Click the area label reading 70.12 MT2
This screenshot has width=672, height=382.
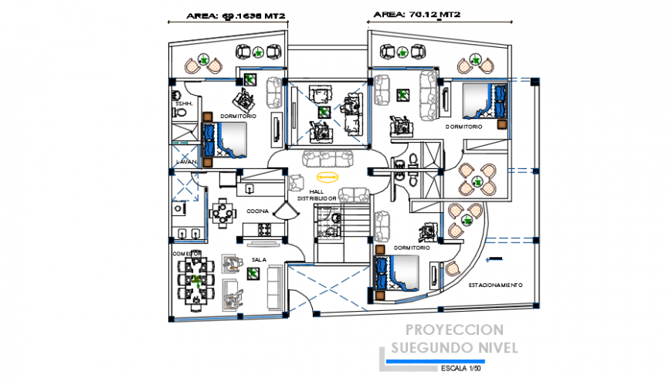[417, 14]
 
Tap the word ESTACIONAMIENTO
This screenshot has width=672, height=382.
[495, 285]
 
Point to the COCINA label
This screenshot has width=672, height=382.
[257, 211]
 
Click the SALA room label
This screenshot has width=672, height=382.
[258, 259]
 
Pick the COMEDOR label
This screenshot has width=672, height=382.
[187, 253]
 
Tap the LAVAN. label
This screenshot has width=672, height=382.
[187, 162]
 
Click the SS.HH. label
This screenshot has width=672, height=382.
[183, 103]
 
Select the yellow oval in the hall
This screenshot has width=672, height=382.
[328, 176]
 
